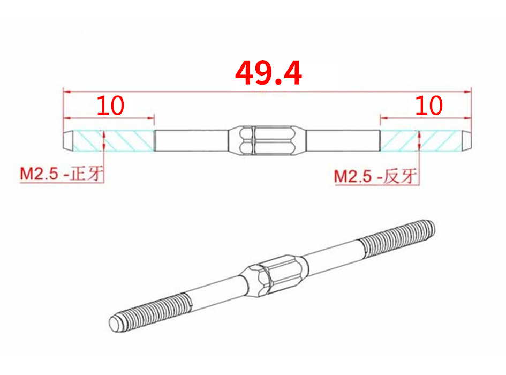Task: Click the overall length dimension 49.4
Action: pyautogui.click(x=268, y=73)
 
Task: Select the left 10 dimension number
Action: pyautogui.click(x=110, y=106)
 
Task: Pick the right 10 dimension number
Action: pyautogui.click(x=429, y=106)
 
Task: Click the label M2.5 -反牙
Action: pyautogui.click(x=376, y=176)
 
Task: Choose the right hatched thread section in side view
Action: pyautogui.click(x=421, y=140)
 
